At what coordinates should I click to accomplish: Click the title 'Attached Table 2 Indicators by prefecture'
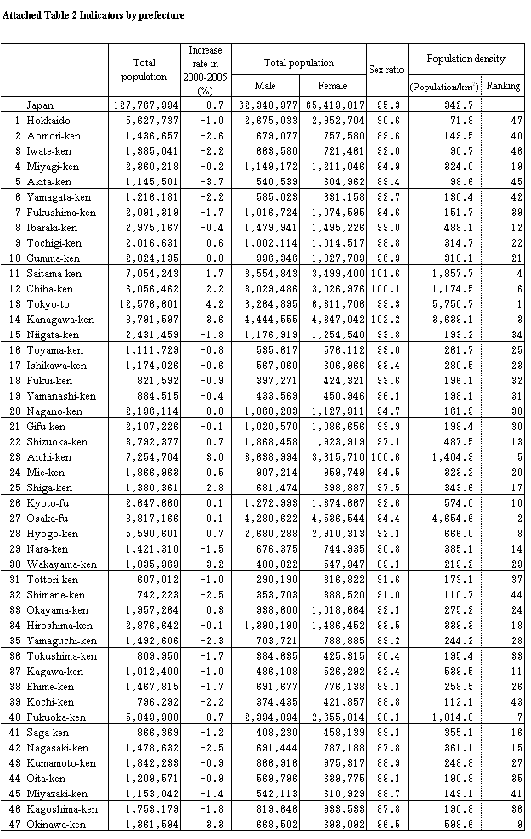click(x=93, y=15)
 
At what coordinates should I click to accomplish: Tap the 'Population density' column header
click(x=466, y=60)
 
